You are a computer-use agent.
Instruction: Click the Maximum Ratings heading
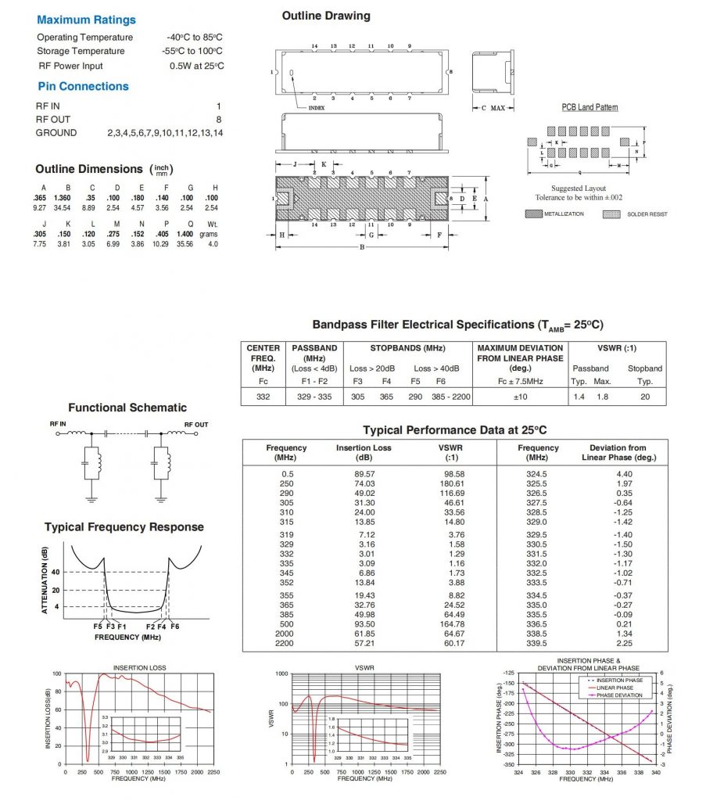pos(86,20)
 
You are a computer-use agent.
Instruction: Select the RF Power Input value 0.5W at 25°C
pos(196,66)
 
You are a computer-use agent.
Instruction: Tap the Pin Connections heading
pos(83,86)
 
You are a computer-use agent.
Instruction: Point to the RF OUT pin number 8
pos(219,119)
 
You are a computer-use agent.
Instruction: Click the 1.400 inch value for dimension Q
pos(185,234)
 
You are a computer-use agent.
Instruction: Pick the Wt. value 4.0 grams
pos(213,244)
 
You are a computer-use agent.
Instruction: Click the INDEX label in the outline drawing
pos(316,108)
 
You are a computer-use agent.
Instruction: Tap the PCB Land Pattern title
pos(590,107)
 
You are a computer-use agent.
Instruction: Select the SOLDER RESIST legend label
pos(647,214)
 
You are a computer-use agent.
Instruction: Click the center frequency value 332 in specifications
pos(263,397)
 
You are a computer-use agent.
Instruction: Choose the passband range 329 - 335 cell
pos(314,397)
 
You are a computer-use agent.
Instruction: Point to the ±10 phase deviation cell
pos(519,397)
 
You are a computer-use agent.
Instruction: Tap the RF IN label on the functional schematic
pos(59,424)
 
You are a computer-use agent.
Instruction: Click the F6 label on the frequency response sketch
pos(174,627)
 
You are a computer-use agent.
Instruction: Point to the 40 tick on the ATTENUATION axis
pos(56,572)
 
